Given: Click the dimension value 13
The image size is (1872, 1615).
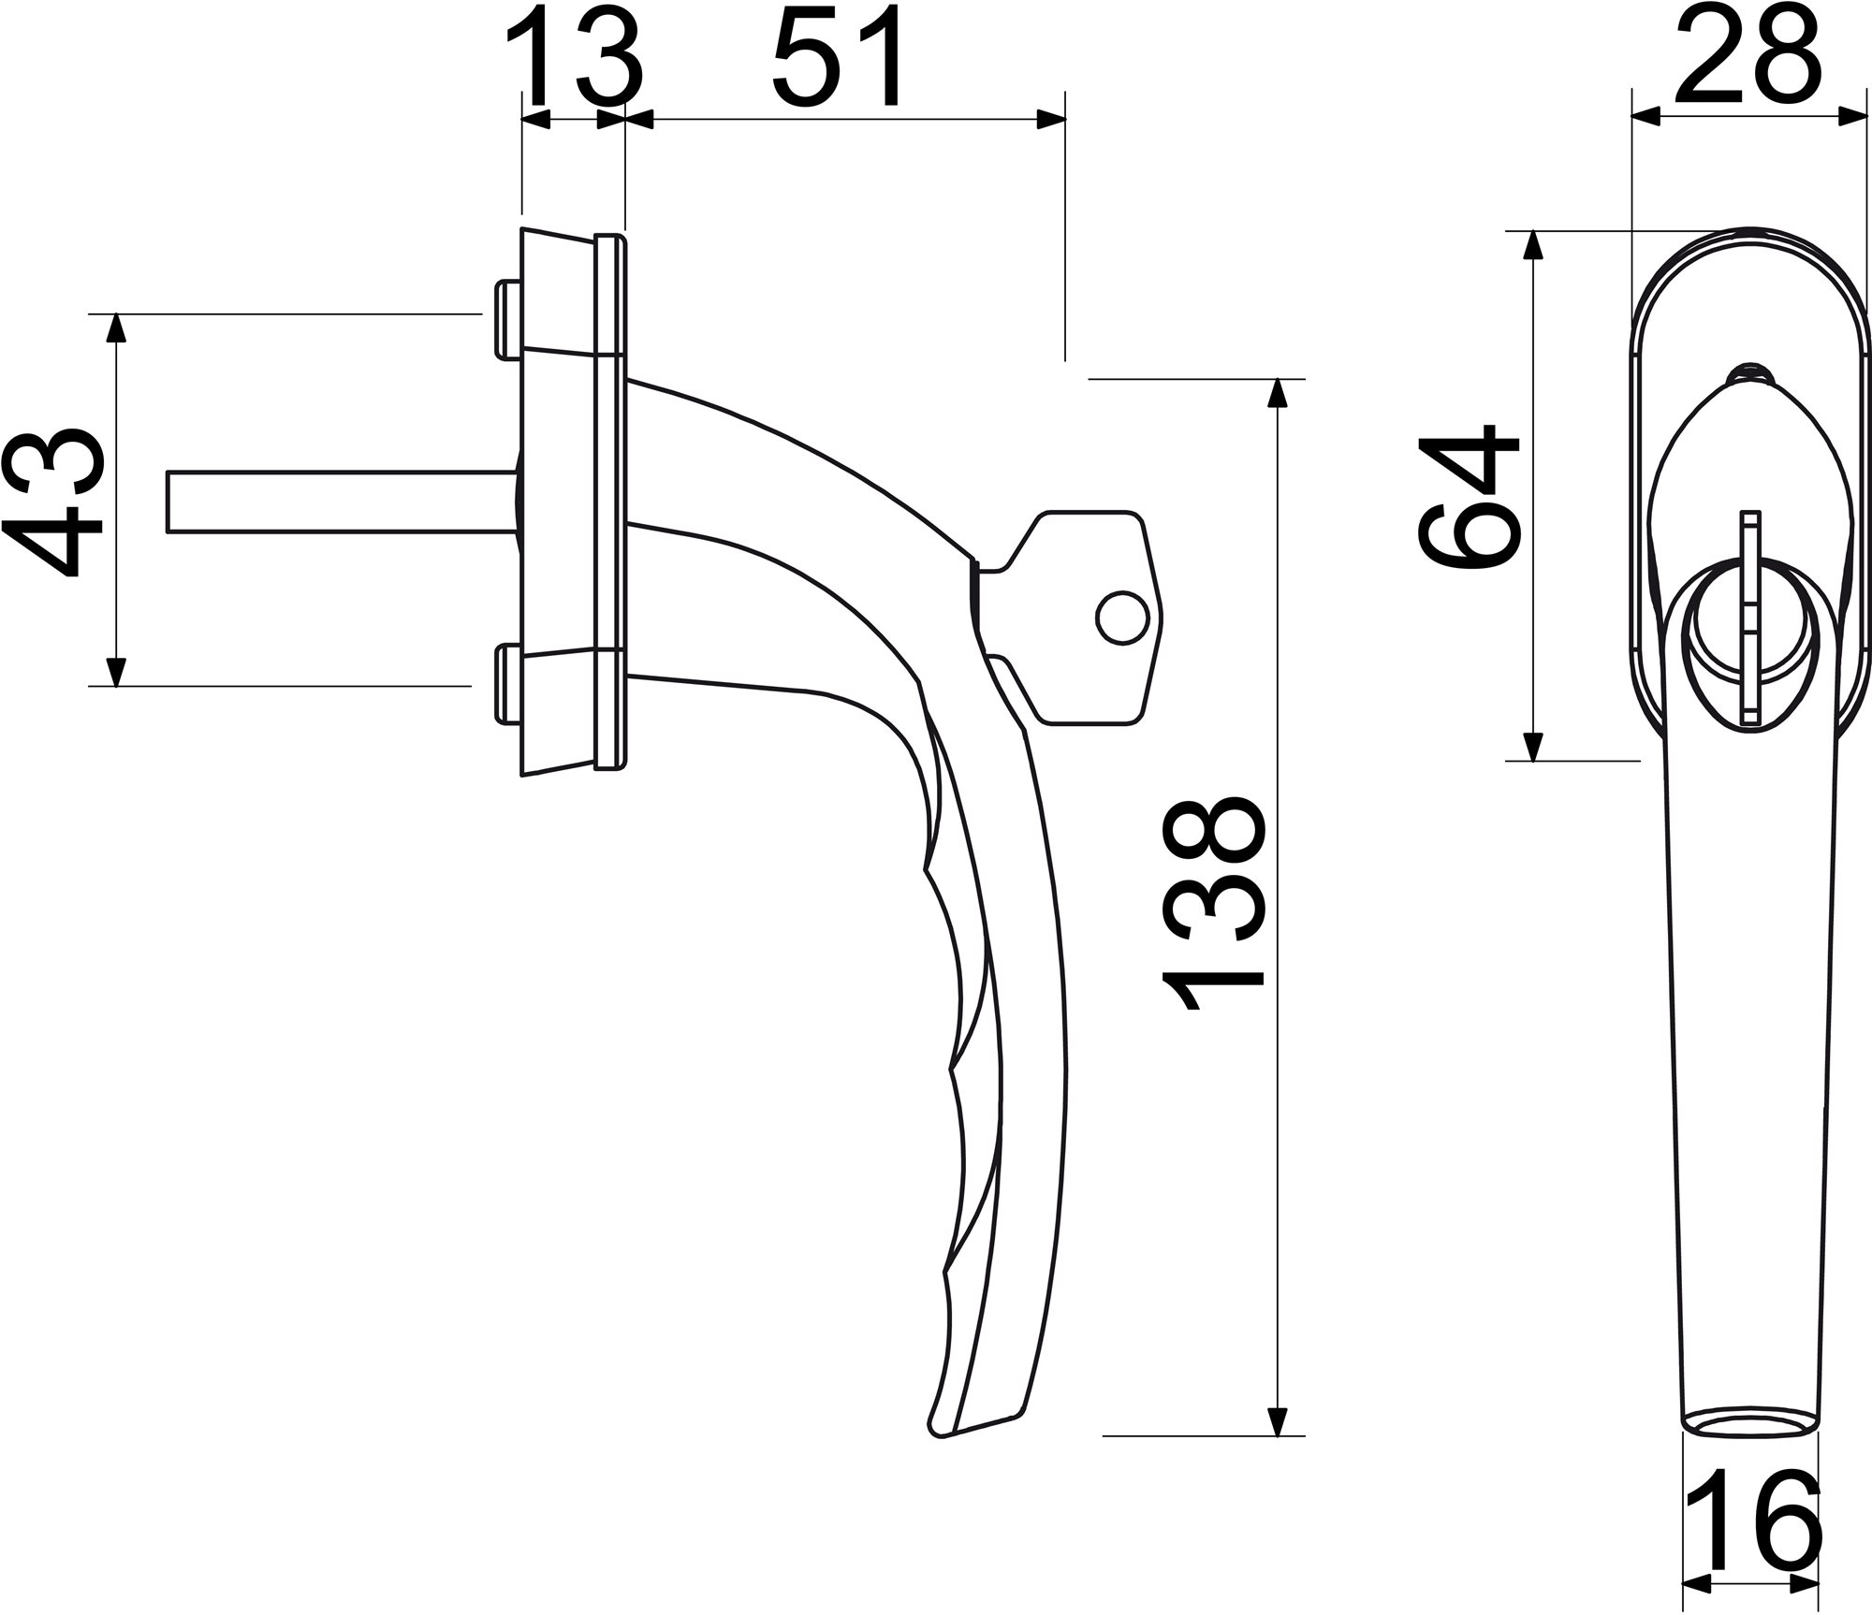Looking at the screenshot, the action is coord(575,58).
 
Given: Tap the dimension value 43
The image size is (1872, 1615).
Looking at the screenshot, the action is coord(53,504).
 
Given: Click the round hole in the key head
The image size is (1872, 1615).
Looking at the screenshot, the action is coord(1122,617).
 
